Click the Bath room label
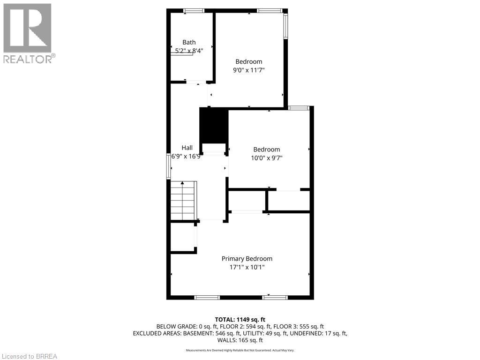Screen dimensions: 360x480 coord(189,42)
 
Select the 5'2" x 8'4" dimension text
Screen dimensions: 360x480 coord(189,51)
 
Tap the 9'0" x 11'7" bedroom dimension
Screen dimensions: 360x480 coord(248,70)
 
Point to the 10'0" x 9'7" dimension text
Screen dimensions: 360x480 coord(266,158)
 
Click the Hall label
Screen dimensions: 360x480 coord(187,148)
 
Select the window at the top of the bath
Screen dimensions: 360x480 coord(194,10)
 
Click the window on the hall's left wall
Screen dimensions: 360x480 coord(169,166)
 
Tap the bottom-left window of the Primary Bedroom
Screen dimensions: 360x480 coord(207,297)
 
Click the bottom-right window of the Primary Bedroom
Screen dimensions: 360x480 coord(275,297)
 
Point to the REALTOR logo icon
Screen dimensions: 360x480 coord(28,28)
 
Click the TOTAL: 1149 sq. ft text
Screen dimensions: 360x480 coord(240,320)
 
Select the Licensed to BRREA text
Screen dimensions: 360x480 coord(29,356)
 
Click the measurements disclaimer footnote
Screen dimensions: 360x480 coord(240,350)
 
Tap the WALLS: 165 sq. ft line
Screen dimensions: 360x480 coord(240,340)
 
